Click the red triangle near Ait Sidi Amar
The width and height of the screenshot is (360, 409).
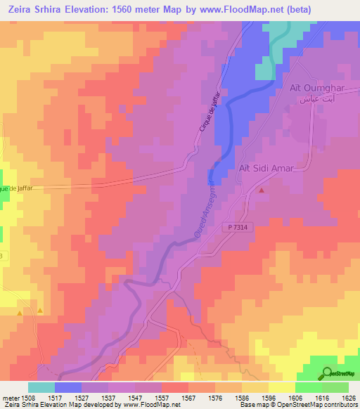click(262, 190)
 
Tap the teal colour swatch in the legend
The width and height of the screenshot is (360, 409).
click(41, 387)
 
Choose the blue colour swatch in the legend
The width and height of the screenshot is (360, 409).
click(68, 387)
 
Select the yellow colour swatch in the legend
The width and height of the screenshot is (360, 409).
click(282, 387)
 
